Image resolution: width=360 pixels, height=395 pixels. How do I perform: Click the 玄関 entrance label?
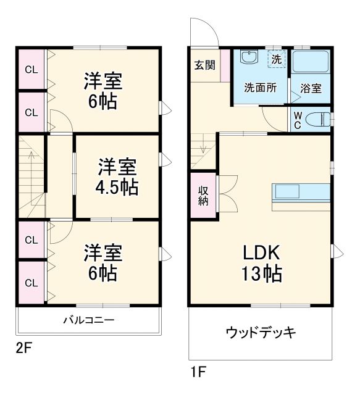click(204, 65)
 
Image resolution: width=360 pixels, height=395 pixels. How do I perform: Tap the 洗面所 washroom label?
click(260, 88)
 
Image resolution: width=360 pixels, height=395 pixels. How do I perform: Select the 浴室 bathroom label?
click(311, 88)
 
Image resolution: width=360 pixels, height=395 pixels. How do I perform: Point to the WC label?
click(298, 120)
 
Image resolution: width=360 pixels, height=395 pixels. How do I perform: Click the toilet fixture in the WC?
click(319, 120)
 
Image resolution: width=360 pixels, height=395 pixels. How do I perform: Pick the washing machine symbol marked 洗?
click(276, 60)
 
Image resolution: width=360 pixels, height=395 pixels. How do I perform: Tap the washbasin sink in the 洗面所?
click(249, 59)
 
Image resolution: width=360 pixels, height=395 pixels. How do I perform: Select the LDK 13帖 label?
click(261, 262)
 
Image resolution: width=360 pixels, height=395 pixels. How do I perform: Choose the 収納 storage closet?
click(203, 195)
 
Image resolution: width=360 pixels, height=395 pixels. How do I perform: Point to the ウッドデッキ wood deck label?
click(261, 333)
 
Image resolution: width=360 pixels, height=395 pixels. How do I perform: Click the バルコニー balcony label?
click(88, 320)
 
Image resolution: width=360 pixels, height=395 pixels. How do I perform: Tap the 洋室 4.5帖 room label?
click(117, 177)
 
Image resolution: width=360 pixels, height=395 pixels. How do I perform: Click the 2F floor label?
click(23, 348)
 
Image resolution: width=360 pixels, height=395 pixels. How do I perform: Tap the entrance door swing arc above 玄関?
click(203, 31)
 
